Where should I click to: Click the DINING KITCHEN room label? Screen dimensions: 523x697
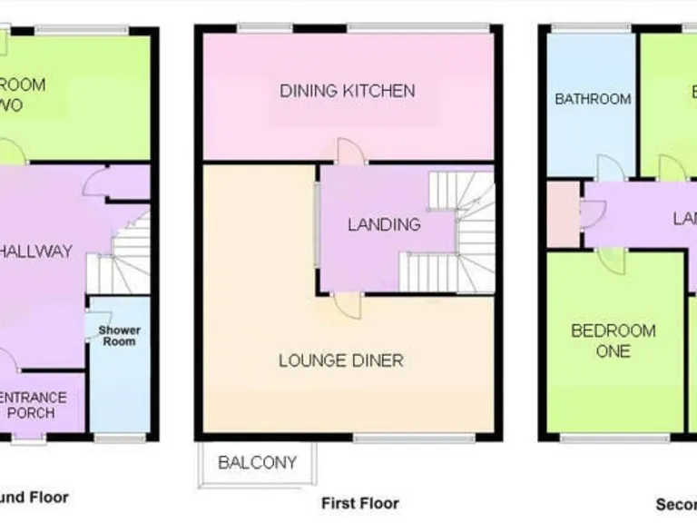(x=347, y=91)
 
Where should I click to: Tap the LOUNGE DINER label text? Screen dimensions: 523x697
(x=340, y=360)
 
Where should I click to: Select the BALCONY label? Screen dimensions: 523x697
(x=258, y=463)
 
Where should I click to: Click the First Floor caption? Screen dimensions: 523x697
(x=359, y=502)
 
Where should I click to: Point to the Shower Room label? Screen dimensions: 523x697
(x=119, y=335)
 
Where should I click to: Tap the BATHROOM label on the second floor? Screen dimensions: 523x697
(x=593, y=99)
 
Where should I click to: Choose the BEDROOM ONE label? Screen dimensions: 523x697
(x=613, y=340)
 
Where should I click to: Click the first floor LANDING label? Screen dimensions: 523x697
(x=385, y=224)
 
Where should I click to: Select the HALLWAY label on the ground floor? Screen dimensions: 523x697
(x=36, y=252)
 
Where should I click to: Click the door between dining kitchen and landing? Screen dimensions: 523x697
(x=350, y=152)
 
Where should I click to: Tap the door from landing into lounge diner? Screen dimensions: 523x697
(x=346, y=305)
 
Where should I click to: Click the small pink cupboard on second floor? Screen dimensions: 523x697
(x=564, y=214)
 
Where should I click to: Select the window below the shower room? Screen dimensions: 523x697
(x=120, y=439)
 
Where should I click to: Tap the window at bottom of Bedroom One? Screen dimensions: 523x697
(x=599, y=439)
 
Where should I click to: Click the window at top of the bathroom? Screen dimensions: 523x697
(x=581, y=28)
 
